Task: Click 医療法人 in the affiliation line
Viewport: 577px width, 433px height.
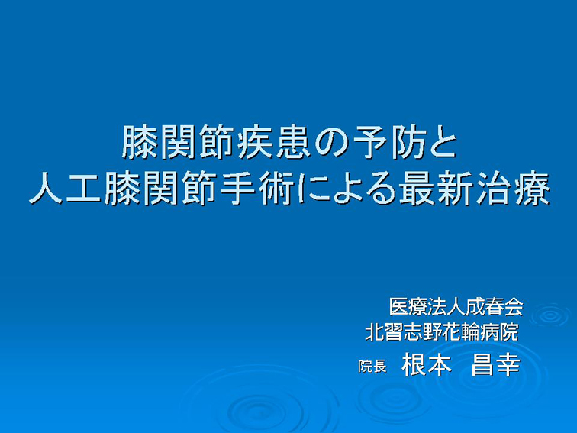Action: (x=427, y=306)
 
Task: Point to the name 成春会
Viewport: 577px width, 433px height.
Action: (x=494, y=306)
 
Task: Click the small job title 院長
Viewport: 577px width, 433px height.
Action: (x=372, y=367)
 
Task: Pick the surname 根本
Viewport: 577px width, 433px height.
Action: (x=427, y=364)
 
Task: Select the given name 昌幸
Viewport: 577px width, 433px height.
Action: (x=495, y=364)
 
